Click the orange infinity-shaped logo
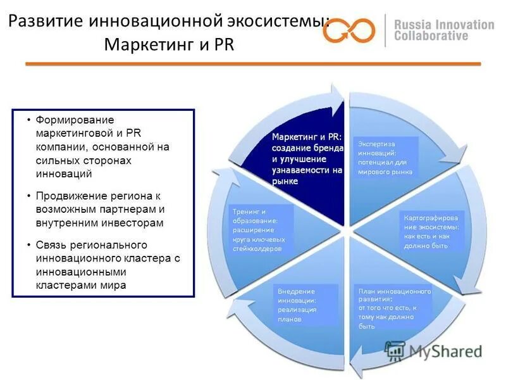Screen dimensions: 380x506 tap(349, 30)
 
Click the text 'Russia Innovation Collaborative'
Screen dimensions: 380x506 tap(443, 30)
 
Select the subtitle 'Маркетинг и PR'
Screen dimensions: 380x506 tap(168, 46)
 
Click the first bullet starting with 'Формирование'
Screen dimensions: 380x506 tap(102, 146)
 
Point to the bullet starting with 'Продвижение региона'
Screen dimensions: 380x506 tap(102, 209)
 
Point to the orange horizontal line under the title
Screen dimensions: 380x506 tap(253, 64)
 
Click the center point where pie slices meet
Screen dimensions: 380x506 tap(345, 229)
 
